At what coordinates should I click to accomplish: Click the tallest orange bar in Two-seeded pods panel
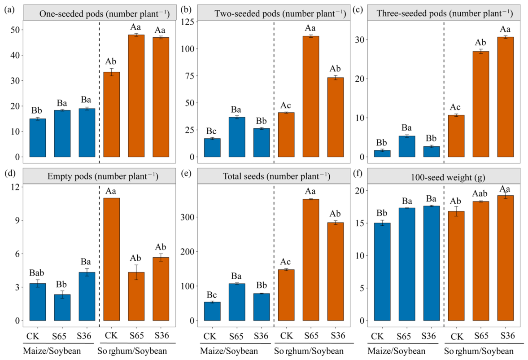pyautogui.click(x=310, y=97)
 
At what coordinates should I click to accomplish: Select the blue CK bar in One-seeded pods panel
pyautogui.click(x=38, y=138)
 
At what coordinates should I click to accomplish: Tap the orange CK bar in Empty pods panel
pyautogui.click(x=111, y=259)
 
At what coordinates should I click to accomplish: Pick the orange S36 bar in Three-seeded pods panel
pyautogui.click(x=505, y=97)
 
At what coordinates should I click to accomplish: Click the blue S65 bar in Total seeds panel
pyautogui.click(x=237, y=302)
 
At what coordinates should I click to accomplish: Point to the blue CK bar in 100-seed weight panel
pyautogui.click(x=382, y=272)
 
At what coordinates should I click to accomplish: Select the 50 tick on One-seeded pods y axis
pyautogui.click(x=15, y=30)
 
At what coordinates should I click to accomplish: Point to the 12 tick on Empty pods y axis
pyautogui.click(x=15, y=186)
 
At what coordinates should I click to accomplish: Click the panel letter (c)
pyautogui.click(x=358, y=9)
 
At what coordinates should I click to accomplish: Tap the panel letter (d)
pyautogui.click(x=9, y=173)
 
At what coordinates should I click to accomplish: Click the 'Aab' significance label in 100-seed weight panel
pyautogui.click(x=480, y=193)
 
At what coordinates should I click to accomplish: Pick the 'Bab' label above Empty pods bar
pyautogui.click(x=37, y=272)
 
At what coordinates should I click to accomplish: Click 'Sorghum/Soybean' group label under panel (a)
pyautogui.click(x=132, y=351)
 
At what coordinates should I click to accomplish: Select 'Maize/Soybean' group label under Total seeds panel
pyautogui.click(x=229, y=351)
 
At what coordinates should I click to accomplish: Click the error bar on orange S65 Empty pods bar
pyautogui.click(x=136, y=272)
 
